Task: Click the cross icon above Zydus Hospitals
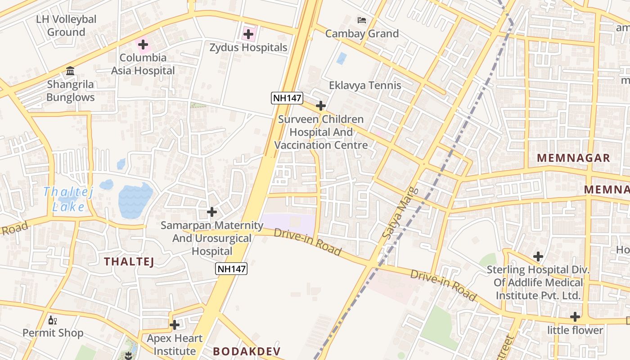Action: [248, 34]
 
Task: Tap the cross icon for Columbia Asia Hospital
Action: [143, 45]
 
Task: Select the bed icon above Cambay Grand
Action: [362, 20]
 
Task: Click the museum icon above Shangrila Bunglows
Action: [70, 71]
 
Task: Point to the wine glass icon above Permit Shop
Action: [53, 320]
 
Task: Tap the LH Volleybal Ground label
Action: [66, 26]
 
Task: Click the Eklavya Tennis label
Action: [365, 85]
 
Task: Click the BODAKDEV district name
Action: [247, 351]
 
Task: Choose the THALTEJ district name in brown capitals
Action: [129, 261]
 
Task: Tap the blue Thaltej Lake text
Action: [68, 199]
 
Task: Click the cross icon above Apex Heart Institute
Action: [175, 325]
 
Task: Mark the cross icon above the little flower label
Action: [575, 317]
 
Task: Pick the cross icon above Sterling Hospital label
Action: [538, 257]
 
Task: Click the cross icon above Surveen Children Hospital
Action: [321, 106]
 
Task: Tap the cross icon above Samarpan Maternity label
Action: [212, 211]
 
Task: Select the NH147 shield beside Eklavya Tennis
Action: [287, 98]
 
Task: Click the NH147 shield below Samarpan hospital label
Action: [231, 269]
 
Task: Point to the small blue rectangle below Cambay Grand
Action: [342, 58]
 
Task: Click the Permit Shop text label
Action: [53, 333]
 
